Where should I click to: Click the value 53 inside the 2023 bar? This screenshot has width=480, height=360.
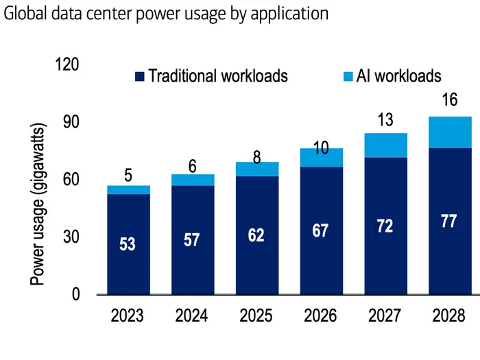tap(127, 243)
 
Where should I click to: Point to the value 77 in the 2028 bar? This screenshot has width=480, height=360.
tap(449, 223)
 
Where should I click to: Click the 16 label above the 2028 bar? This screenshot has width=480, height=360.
tap(449, 101)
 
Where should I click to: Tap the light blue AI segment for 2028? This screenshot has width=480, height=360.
tap(449, 132)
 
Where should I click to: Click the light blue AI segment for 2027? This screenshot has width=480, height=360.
tap(385, 145)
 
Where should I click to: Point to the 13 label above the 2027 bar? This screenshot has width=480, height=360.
tap(385, 120)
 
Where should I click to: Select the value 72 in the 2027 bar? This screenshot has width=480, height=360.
tap(385, 226)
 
